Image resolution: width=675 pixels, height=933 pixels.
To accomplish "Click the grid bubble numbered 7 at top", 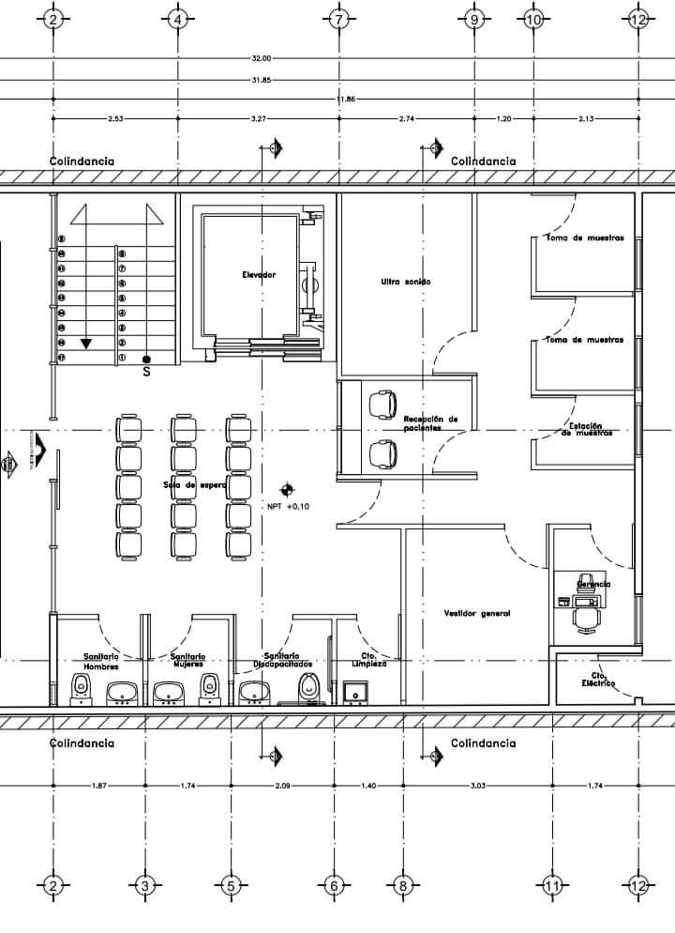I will coord(338,19).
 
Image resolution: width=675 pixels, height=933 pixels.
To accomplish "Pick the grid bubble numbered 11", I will coord(550,885).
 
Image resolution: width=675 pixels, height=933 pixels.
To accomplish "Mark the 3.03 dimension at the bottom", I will coord(476,785).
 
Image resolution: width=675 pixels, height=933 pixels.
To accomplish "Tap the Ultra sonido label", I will coord(406,282).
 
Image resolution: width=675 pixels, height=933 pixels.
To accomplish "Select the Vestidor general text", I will coord(476,613).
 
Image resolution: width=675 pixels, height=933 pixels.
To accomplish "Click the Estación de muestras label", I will coord(587,430).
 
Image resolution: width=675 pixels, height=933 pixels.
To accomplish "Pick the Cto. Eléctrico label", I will coord(596,679).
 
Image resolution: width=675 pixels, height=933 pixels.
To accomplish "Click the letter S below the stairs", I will coord(146,372).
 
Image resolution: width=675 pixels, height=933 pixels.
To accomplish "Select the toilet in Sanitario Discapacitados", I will coord(307,687).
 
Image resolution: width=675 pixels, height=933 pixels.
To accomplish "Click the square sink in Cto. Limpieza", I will coord(354,693).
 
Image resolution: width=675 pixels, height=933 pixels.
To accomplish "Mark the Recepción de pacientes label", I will coord(430,422).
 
